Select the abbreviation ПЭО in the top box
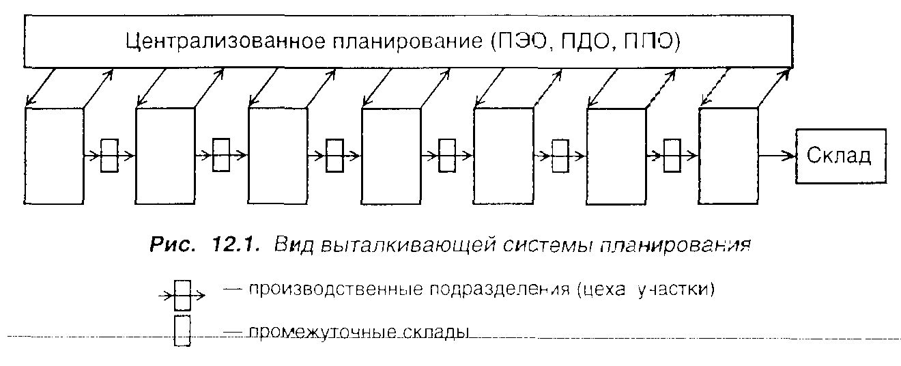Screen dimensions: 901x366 520,42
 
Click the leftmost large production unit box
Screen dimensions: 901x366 53,156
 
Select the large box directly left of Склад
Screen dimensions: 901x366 728,156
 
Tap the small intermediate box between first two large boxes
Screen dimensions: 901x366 109,156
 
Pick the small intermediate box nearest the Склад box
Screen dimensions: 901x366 672,156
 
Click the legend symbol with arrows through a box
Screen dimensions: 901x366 182,296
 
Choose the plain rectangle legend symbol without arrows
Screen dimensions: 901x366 182,331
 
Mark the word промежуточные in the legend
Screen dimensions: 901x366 306,334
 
